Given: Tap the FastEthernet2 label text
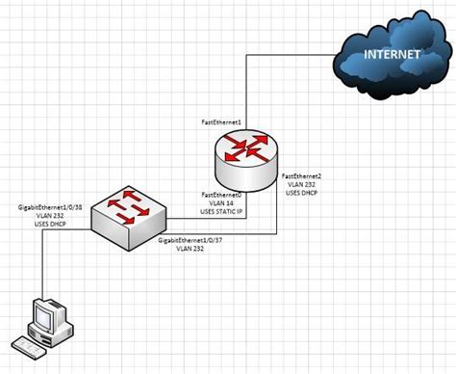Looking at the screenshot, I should (301, 176).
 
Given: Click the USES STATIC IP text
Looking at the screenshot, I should (221, 212).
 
